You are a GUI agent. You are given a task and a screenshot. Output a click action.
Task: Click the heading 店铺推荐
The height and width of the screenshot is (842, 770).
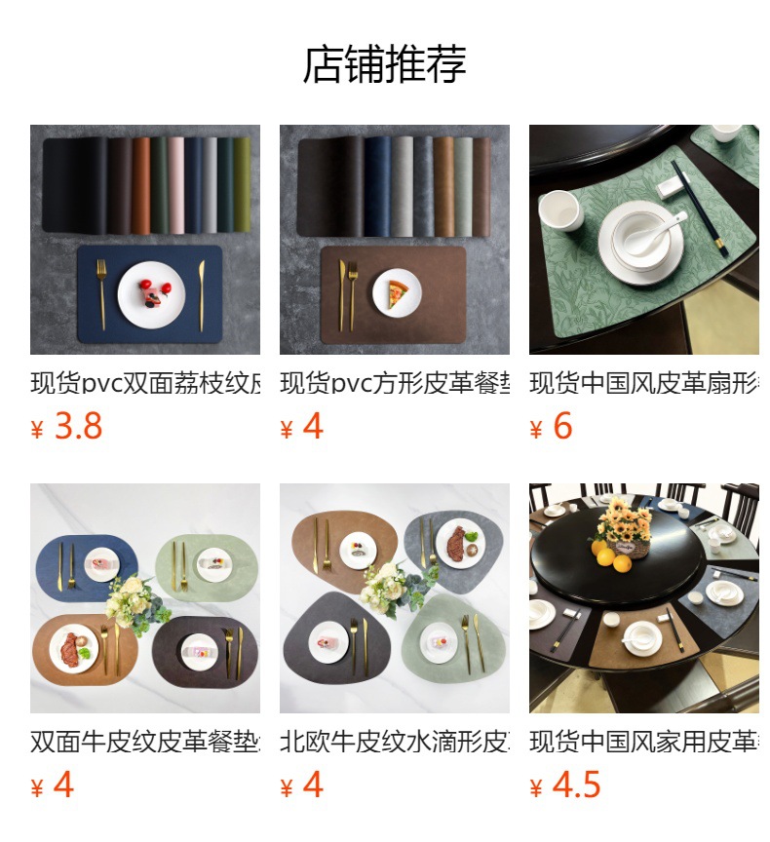pyautogui.click(x=385, y=64)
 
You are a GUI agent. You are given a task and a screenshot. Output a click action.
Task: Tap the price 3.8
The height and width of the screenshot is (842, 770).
pyautogui.click(x=78, y=427)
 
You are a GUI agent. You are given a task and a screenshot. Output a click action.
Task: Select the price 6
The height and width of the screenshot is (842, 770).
pyautogui.click(x=562, y=427)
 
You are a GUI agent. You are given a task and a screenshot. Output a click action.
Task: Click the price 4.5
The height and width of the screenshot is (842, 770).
pyautogui.click(x=576, y=785)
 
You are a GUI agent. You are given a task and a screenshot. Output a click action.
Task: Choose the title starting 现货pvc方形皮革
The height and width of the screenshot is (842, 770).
pyautogui.click(x=395, y=383)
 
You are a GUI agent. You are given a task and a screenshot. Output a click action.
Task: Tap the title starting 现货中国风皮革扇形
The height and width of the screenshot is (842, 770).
pyautogui.click(x=644, y=383)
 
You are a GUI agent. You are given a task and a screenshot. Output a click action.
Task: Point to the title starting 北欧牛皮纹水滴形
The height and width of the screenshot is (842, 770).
pyautogui.click(x=395, y=742)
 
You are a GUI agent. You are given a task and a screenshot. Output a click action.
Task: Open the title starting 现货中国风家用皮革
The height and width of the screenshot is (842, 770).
pyautogui.click(x=644, y=742)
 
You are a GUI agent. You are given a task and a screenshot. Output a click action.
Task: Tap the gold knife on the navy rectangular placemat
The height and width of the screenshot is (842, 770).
pyautogui.click(x=202, y=294)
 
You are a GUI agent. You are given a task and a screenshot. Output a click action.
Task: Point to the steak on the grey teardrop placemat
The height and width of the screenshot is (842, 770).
pyautogui.click(x=457, y=542)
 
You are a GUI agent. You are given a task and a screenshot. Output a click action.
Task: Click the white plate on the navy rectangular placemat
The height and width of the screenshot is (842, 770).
pyautogui.click(x=150, y=294)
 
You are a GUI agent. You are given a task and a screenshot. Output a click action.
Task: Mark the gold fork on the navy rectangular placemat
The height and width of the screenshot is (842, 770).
pyautogui.click(x=101, y=294)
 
